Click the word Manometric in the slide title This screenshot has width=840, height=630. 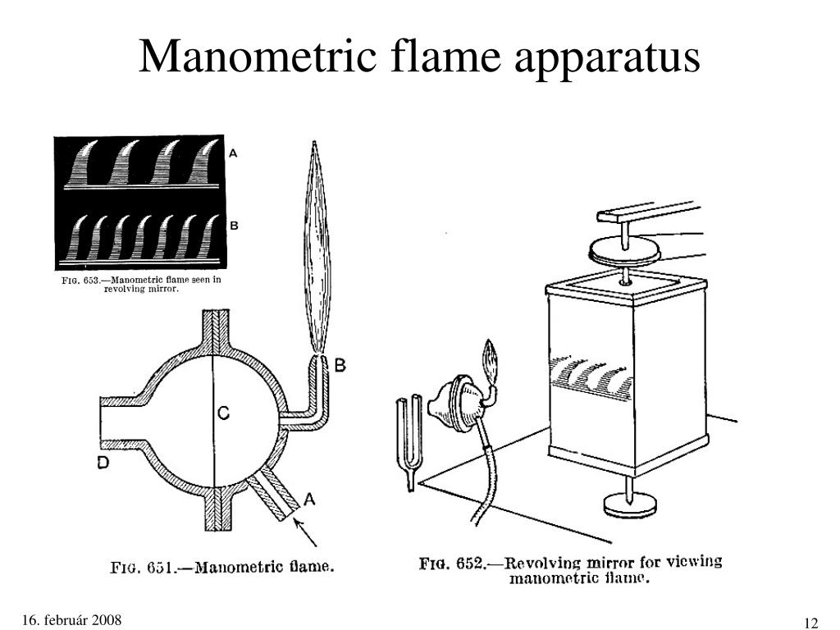coord(258,56)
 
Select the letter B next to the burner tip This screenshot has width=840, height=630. coord(340,365)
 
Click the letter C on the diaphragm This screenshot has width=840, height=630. coord(225,413)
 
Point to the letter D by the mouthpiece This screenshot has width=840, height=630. coord(103,463)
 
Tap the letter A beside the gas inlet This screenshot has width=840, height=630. coord(309,500)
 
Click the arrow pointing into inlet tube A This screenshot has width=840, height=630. coord(305,532)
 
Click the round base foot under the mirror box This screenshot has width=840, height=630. coord(629,505)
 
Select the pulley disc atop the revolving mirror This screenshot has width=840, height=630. coord(624,251)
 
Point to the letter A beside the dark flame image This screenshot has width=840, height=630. coord(233,153)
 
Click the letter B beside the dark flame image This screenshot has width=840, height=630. coord(234,226)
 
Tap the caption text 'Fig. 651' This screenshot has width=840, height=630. coord(143,568)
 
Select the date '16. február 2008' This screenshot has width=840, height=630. coord(72,620)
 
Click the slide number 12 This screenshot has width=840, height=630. coord(811,623)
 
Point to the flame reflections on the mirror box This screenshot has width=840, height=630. coord(589,374)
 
